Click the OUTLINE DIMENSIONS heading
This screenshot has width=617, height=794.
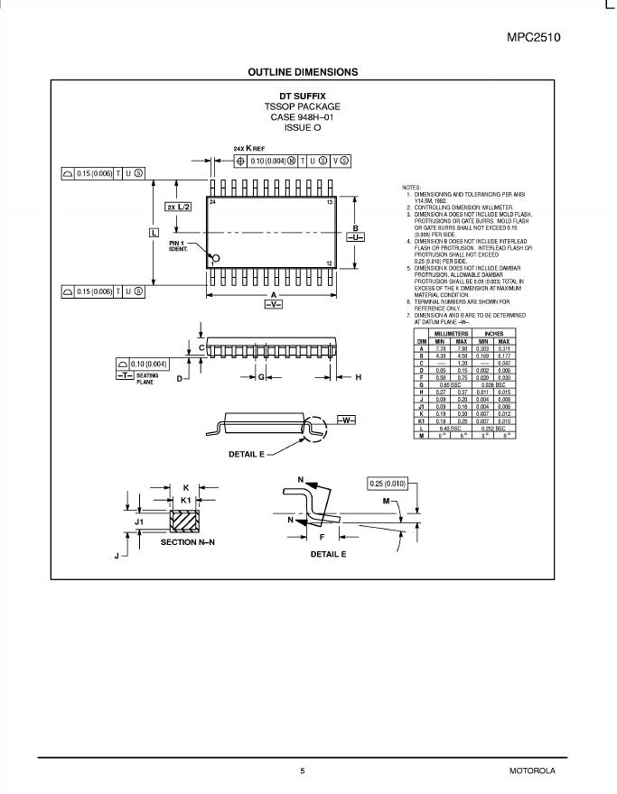303,72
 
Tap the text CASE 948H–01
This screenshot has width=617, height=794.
303,117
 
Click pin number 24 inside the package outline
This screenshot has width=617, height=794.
213,202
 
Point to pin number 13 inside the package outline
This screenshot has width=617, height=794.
330,202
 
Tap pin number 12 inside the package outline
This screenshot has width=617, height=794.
330,263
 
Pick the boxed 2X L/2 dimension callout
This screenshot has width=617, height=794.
178,208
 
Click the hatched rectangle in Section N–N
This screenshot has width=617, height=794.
185,521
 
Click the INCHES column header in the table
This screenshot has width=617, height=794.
494,334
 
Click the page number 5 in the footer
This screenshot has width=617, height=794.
303,771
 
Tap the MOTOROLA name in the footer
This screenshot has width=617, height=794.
532,771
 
